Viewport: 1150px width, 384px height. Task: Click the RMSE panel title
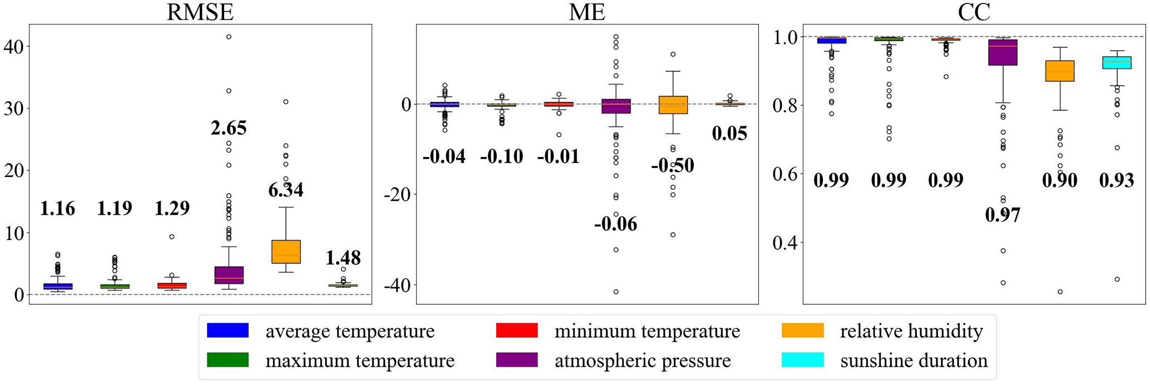click(200, 12)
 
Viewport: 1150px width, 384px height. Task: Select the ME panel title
click(587, 12)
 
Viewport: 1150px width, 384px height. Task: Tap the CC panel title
click(974, 12)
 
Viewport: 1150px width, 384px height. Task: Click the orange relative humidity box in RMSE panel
click(286, 252)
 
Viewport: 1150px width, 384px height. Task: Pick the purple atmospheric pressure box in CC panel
click(1003, 52)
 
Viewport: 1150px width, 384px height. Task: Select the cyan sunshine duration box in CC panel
click(1117, 62)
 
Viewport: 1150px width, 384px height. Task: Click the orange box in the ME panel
click(673, 105)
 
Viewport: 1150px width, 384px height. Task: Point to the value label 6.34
click(286, 190)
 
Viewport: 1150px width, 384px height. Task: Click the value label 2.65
click(229, 129)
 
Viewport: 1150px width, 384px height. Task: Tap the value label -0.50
click(673, 166)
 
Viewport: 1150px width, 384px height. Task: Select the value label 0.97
click(1003, 215)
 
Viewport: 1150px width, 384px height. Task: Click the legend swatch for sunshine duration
click(802, 360)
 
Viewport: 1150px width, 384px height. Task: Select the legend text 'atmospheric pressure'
click(643, 361)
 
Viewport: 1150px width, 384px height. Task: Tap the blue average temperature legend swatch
click(228, 331)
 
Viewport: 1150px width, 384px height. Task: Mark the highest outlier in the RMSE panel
click(229, 37)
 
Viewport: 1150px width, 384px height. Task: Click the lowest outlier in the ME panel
click(616, 292)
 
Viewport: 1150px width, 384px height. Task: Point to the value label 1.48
click(343, 258)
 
